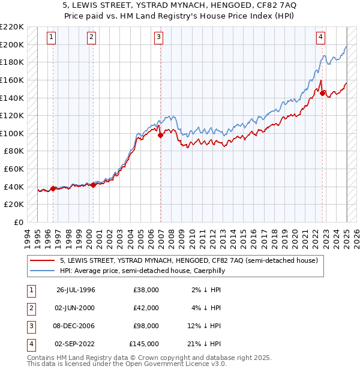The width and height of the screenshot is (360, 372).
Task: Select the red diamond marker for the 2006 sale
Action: (x=160, y=136)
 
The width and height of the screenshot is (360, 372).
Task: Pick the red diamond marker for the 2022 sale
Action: (x=323, y=93)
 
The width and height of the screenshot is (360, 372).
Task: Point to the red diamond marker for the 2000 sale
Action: (x=93, y=185)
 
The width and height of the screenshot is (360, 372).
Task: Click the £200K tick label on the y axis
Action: (x=12, y=44)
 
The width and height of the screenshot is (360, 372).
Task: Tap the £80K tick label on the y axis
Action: (x=14, y=151)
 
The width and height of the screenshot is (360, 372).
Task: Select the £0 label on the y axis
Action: (x=19, y=222)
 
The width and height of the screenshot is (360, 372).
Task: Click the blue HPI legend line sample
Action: (x=43, y=271)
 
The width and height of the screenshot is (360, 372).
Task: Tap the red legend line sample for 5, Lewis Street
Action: (x=43, y=261)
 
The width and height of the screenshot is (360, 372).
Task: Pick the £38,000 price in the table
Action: (x=146, y=290)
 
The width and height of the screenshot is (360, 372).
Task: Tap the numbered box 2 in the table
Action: (x=31, y=308)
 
